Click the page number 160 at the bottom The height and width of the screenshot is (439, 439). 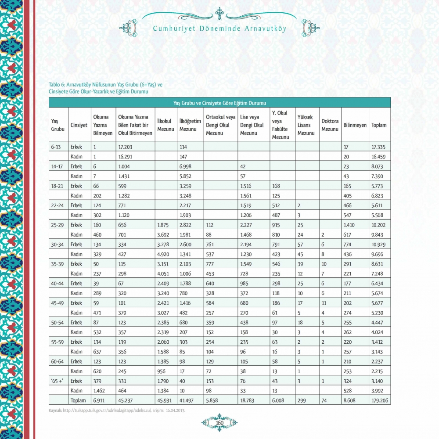point(219,423)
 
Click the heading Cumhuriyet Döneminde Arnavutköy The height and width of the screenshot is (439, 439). point(219,29)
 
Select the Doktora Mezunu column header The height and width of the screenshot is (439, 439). point(330,125)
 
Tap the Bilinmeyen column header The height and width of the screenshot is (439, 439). point(355,125)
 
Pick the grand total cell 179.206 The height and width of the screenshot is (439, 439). point(379,400)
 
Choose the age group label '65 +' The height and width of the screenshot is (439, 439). point(58,381)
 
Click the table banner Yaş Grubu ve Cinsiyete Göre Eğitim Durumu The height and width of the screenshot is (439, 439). point(219,103)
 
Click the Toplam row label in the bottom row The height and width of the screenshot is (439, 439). point(78,400)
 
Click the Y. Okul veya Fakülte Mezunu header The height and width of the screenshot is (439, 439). point(281,125)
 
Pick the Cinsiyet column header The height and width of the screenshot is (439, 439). point(79,125)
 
